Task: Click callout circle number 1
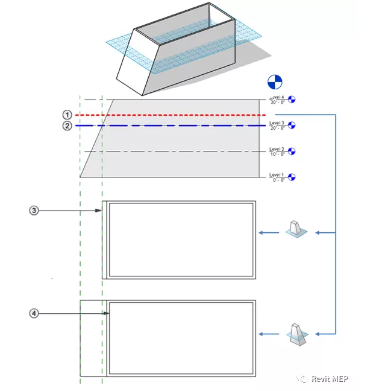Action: [x=67, y=115]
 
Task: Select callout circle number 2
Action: [x=67, y=126]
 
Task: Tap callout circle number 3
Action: [x=34, y=210]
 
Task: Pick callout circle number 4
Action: [x=34, y=313]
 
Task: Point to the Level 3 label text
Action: [x=277, y=122]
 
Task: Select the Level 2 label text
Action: [x=277, y=148]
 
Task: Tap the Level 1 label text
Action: [x=277, y=174]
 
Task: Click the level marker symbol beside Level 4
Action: [x=293, y=100]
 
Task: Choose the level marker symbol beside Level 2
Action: [x=293, y=151]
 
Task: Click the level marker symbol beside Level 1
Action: [x=293, y=177]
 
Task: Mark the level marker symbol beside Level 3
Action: [x=293, y=126]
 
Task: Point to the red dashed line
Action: [x=181, y=115]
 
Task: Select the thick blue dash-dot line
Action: [x=181, y=126]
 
